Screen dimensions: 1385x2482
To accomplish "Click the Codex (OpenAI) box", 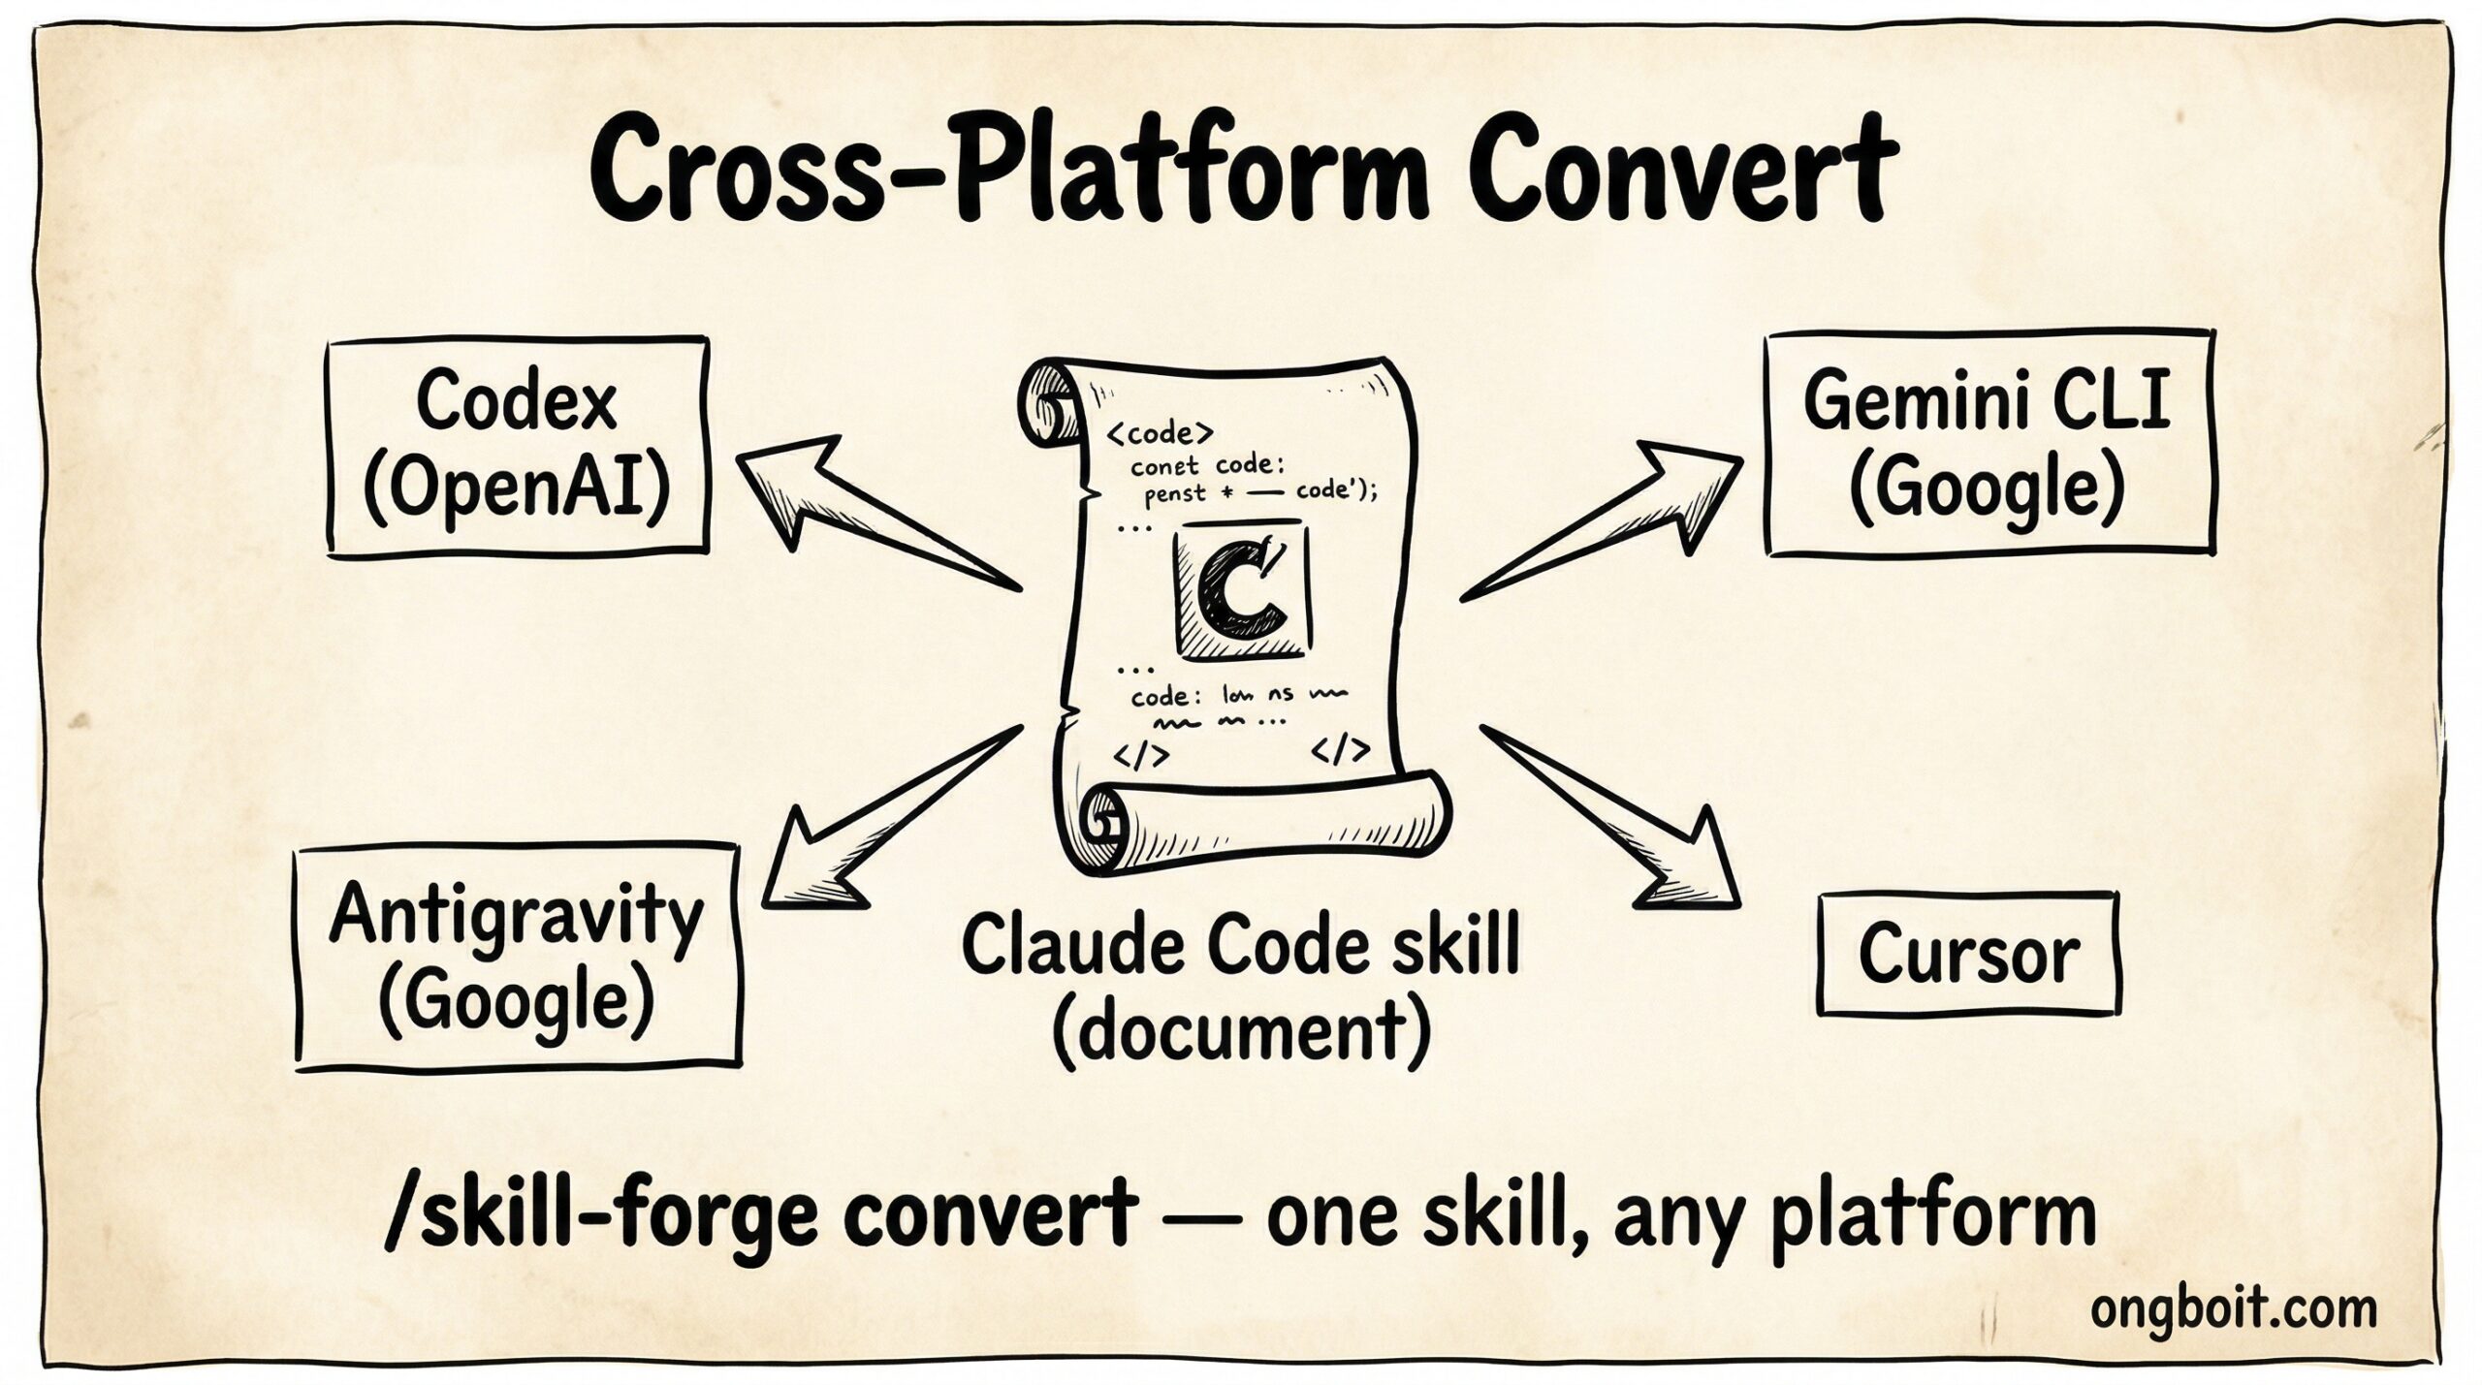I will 518,447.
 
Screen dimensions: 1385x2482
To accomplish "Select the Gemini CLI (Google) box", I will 1988,445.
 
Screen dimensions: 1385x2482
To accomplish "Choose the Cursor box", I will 1968,955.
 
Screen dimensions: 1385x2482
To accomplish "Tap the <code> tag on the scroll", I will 1159,430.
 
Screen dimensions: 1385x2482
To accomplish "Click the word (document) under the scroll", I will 1241,1029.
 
